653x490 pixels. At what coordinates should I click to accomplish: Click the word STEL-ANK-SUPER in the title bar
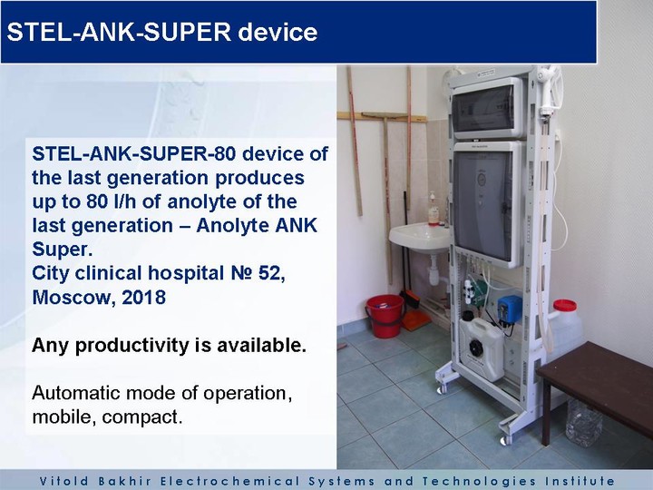click(119, 32)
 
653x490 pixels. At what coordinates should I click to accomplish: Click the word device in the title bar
click(278, 32)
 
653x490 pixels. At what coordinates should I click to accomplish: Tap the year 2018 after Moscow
click(143, 298)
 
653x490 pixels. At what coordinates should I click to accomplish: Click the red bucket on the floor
click(385, 316)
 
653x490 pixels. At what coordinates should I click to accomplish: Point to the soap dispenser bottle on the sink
click(434, 209)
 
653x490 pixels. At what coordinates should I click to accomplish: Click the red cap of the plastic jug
click(565, 306)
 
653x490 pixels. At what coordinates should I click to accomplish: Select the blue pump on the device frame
click(510, 309)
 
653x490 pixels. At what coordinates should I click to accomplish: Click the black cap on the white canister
click(475, 347)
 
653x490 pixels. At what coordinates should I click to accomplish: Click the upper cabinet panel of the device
click(487, 108)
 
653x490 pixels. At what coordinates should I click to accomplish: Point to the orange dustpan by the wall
click(416, 319)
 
